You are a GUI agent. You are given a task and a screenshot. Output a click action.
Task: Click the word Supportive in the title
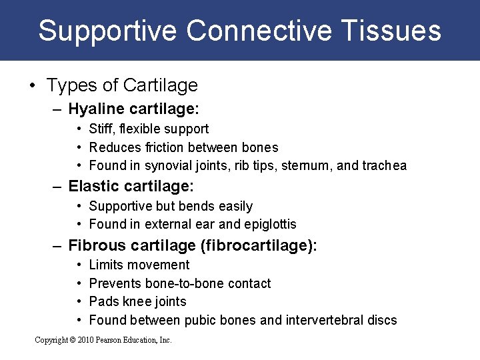click(107, 31)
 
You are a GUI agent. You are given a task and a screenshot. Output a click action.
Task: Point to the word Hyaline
click(96, 109)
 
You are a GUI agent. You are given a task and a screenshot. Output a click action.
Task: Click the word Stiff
click(101, 129)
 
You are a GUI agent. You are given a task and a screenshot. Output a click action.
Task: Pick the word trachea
click(385, 166)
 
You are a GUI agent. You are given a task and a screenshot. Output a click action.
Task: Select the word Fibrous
click(96, 245)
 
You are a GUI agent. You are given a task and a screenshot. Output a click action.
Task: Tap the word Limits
click(107, 265)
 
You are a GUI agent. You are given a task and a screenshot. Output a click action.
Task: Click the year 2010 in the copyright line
click(85, 340)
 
